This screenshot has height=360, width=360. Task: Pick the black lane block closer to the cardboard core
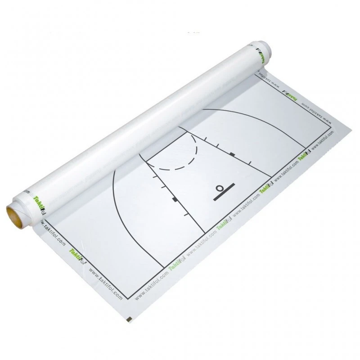174,198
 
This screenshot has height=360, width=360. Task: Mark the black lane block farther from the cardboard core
232,154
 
